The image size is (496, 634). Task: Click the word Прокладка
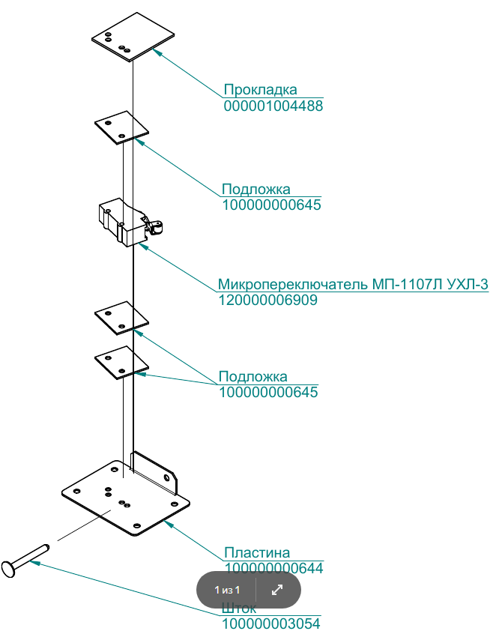point(260,91)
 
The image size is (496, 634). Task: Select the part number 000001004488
point(273,106)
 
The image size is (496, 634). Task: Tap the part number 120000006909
point(267,300)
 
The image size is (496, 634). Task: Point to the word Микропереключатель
point(293,285)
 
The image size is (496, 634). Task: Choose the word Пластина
point(256,553)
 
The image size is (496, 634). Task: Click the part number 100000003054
point(271,623)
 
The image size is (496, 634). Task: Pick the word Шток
point(239,608)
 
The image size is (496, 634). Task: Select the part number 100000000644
point(273,568)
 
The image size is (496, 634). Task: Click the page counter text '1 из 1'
point(226,590)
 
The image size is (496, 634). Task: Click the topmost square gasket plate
point(133,35)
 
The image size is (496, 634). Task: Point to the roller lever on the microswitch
point(156,228)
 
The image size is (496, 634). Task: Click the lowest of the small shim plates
point(121,362)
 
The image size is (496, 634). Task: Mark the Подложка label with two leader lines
point(252,376)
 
